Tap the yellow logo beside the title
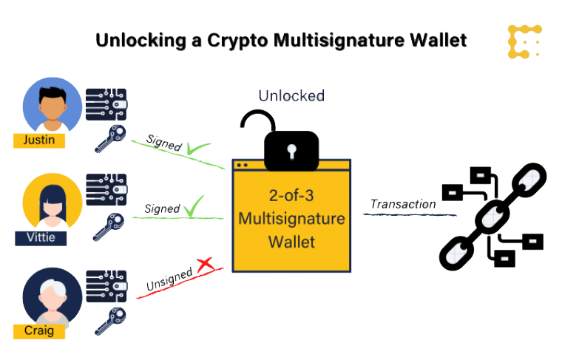click(x=525, y=41)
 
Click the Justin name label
click(x=34, y=140)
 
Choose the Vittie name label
click(x=35, y=237)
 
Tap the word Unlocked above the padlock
click(x=291, y=95)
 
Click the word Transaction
click(x=403, y=203)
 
